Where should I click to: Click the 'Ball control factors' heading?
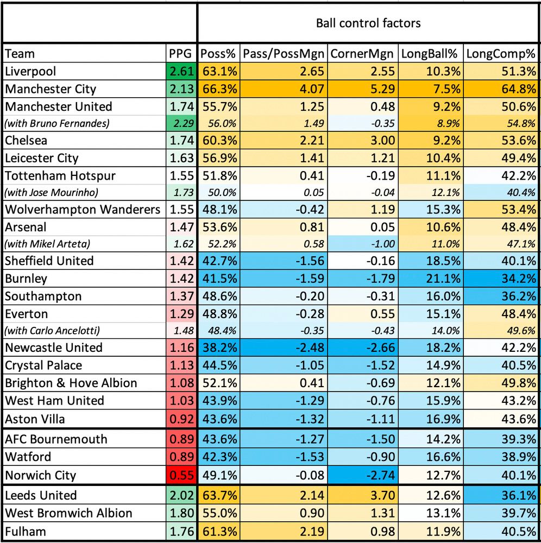(x=368, y=23)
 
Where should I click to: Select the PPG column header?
(x=181, y=53)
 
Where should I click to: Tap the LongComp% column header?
(x=501, y=53)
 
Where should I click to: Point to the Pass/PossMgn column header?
(x=284, y=53)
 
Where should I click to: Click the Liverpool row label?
(x=30, y=71)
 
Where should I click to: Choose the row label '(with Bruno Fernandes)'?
(x=57, y=123)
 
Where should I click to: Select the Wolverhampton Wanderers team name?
(x=83, y=210)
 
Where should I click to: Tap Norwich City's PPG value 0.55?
(x=181, y=476)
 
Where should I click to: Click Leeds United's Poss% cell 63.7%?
(x=219, y=495)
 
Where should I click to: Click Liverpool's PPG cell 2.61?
(x=181, y=71)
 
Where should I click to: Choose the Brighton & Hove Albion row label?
(x=71, y=383)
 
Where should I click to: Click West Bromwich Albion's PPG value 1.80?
(x=181, y=513)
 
